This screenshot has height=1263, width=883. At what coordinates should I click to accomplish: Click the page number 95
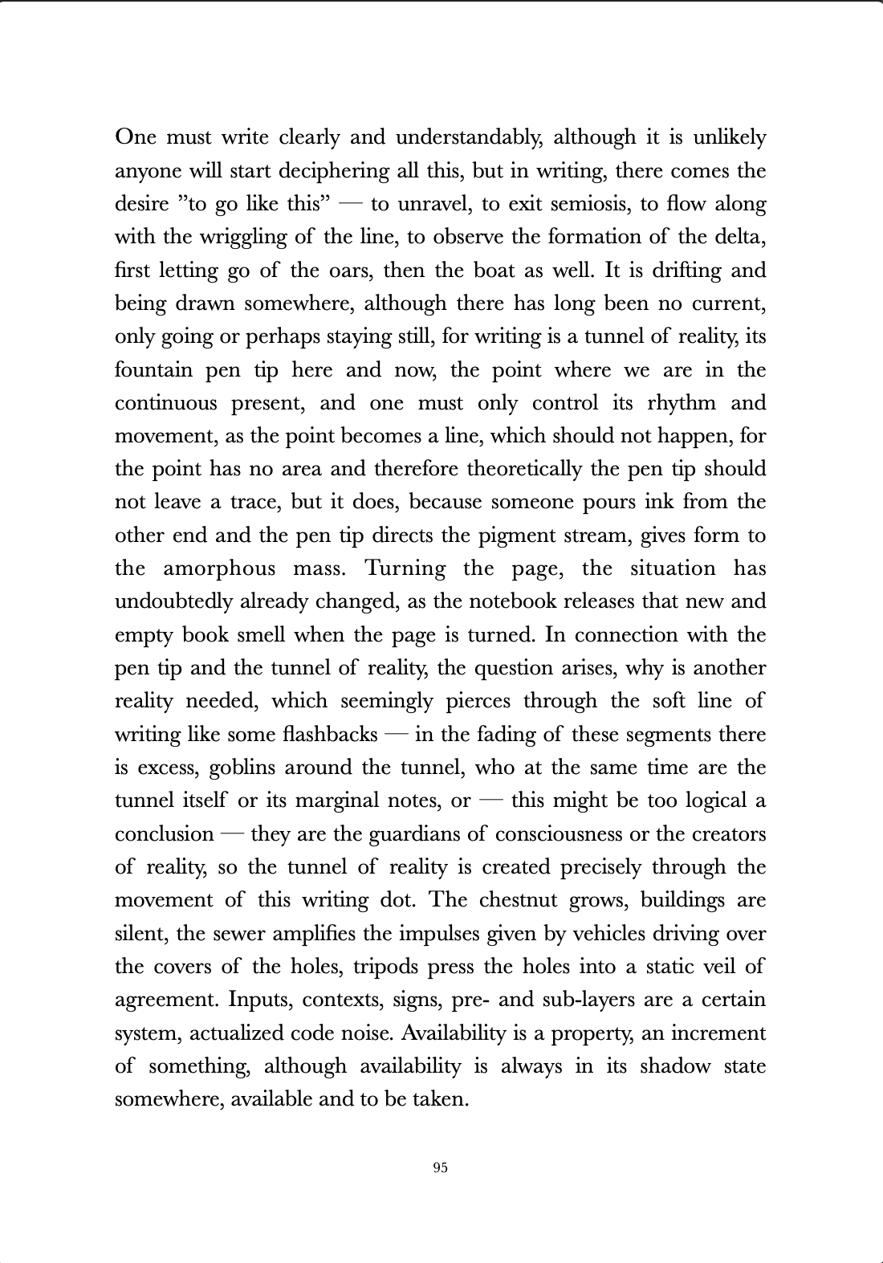pos(440,1167)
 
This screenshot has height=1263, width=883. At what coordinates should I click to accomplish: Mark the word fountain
pos(153,370)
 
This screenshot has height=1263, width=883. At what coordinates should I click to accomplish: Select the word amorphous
pos(218,568)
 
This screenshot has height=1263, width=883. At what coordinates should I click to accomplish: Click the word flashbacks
pos(330,735)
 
